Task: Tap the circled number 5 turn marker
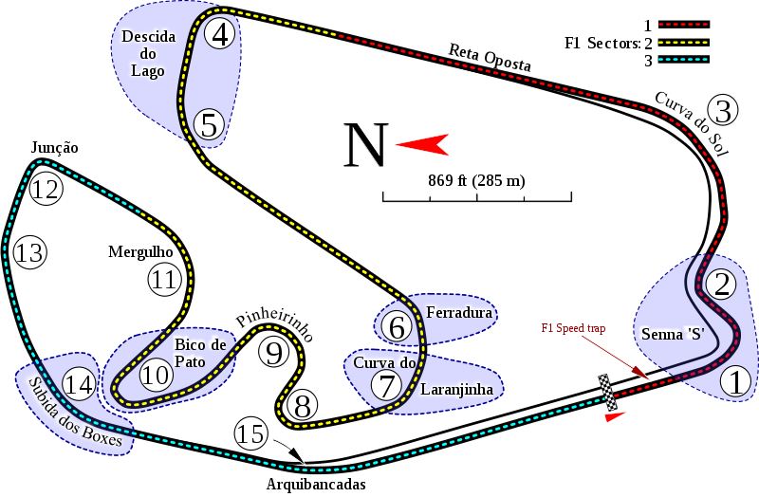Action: (x=210, y=124)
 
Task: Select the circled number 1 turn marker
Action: (x=735, y=381)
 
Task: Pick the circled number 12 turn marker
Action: (x=45, y=189)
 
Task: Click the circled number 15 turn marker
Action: (x=251, y=434)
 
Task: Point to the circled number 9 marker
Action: (x=273, y=353)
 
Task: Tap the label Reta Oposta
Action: (x=490, y=57)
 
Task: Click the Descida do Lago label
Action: (x=149, y=53)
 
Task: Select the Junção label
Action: (x=53, y=147)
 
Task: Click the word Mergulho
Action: (x=139, y=251)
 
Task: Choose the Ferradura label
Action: (x=459, y=312)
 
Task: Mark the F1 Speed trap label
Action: (x=573, y=327)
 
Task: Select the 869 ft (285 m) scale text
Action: (x=476, y=180)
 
